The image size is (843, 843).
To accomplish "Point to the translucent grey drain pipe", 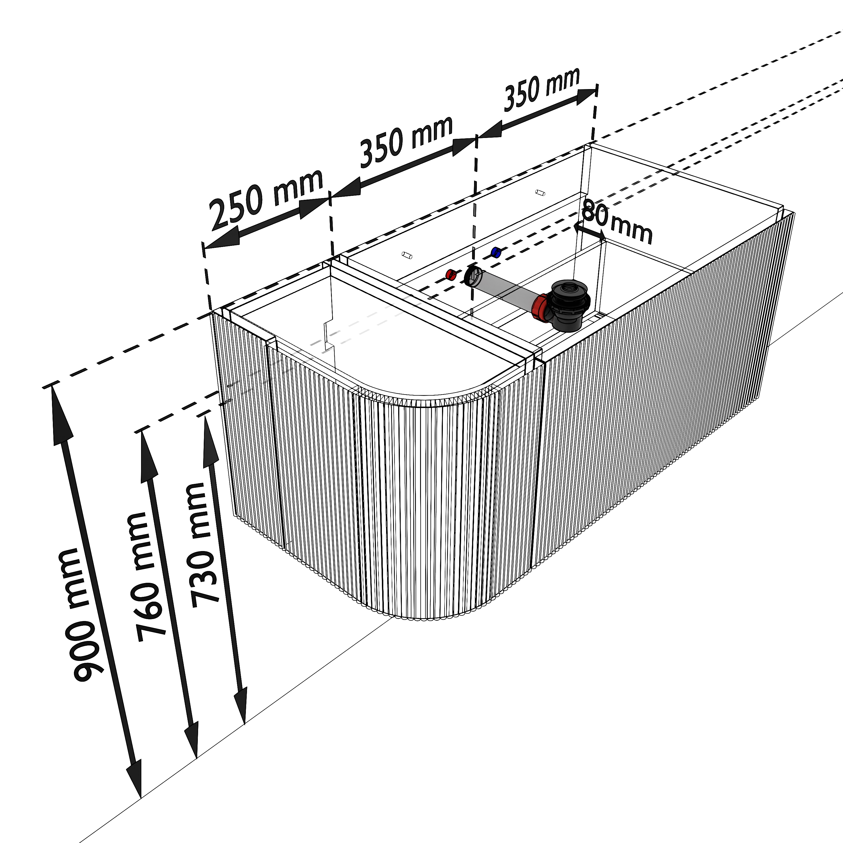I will [506, 288].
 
